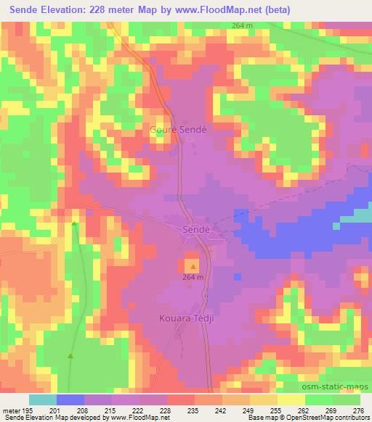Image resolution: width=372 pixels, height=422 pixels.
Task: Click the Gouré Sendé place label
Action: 178,130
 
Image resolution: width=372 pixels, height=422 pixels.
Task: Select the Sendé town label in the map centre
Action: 195,229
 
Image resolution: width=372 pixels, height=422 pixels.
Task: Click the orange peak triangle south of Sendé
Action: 193,267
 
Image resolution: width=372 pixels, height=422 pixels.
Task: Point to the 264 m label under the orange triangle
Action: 193,278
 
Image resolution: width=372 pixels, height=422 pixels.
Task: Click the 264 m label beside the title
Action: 243,26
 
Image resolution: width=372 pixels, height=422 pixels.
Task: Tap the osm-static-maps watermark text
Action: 339,385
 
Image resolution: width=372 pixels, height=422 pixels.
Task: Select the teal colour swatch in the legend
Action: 43,400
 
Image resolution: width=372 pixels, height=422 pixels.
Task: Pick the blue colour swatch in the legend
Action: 70,400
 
